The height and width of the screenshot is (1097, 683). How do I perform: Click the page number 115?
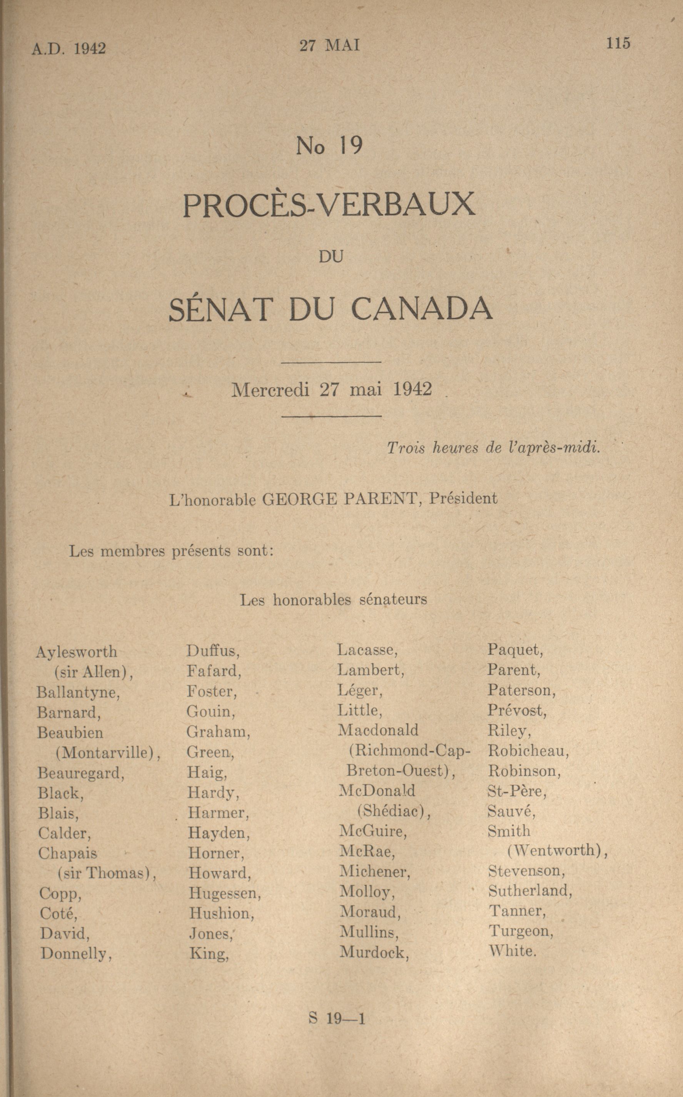pos(618,43)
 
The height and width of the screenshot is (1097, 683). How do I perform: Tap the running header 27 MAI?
pos(330,46)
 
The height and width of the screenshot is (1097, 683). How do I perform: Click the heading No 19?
pos(329,146)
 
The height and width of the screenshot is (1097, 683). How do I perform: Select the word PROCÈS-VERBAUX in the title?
pos(329,205)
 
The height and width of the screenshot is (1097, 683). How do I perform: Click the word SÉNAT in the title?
pos(221,309)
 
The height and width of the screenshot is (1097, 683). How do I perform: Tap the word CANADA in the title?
pos(421,309)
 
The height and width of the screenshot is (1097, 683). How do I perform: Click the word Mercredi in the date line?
pos(270,390)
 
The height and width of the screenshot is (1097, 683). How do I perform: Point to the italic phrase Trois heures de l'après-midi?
pos(493,448)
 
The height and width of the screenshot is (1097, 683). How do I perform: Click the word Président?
pos(463,498)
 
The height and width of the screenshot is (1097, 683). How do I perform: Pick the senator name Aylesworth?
pos(76,652)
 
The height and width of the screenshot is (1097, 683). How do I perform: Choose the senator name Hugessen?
pos(224,893)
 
